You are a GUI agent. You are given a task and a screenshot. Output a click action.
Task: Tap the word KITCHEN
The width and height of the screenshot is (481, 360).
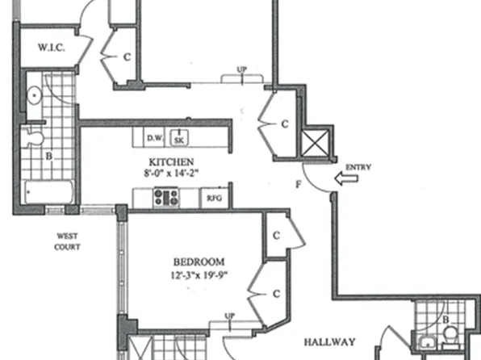180,161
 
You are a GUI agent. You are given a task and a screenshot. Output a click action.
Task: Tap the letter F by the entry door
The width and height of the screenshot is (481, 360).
299,188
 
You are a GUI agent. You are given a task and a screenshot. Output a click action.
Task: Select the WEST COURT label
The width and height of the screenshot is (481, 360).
67,241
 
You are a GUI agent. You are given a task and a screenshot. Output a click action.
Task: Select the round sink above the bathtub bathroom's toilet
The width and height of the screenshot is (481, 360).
34,95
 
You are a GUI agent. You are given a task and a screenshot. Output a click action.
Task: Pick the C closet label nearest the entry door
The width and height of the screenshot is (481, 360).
284,124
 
